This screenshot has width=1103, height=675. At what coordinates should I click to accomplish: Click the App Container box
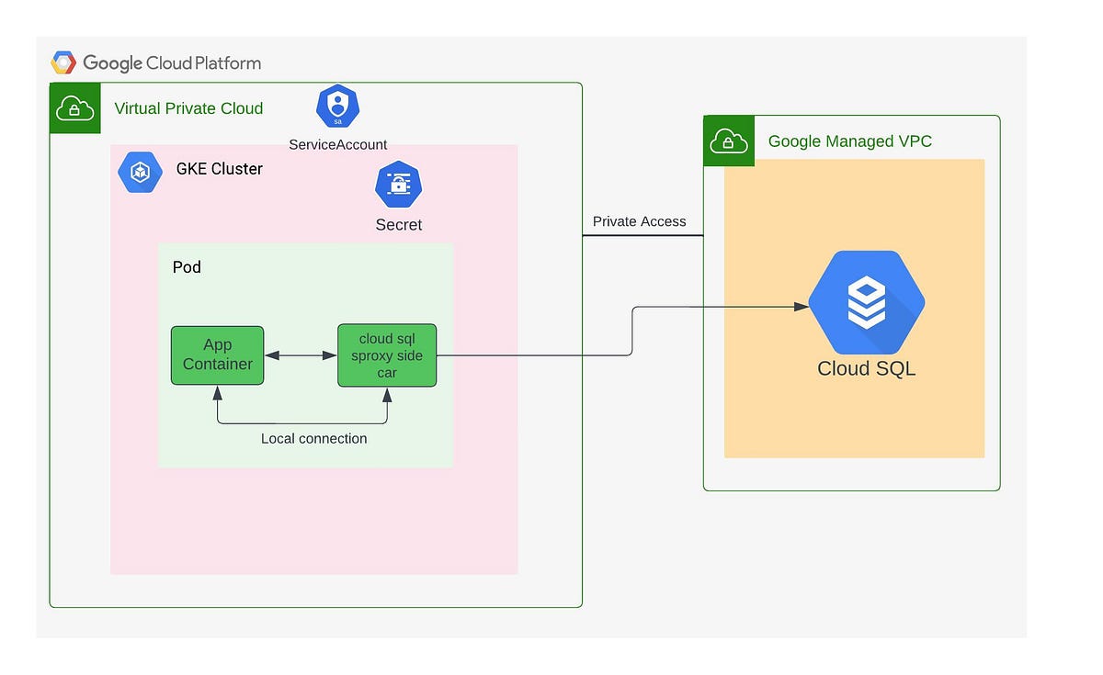coord(217,354)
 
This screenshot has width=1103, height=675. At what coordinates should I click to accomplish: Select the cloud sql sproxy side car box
coord(387,355)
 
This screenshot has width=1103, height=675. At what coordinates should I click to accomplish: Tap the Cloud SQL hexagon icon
coord(866,302)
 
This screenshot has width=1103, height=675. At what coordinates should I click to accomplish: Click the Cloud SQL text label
coord(866,369)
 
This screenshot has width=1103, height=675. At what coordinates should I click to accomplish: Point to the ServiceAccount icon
coord(337,107)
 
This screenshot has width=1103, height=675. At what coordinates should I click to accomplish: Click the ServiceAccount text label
coord(337,144)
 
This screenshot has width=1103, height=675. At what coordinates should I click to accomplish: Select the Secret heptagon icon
coord(398,185)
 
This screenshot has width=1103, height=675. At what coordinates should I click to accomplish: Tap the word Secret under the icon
coord(398,225)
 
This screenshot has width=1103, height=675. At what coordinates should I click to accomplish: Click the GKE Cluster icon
coord(141,171)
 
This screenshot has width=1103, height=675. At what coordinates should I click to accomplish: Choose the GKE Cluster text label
coord(219,169)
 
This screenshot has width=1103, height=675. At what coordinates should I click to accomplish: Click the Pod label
coord(187,267)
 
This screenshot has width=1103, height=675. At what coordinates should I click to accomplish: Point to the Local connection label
coord(313,439)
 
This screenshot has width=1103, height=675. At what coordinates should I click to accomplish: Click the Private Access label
coord(639,221)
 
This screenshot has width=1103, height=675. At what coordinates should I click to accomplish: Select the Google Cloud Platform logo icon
coord(63,62)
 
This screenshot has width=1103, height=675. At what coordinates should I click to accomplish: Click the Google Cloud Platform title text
coord(172,63)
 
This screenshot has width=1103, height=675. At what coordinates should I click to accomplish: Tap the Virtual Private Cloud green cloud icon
coord(74,108)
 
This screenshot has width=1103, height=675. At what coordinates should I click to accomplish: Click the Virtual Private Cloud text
coord(188,108)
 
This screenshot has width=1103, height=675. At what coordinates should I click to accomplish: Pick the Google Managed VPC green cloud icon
coord(729,141)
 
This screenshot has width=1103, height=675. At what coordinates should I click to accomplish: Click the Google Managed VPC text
coord(849,141)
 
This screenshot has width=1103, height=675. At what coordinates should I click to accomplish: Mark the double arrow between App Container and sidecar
coord(301,354)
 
